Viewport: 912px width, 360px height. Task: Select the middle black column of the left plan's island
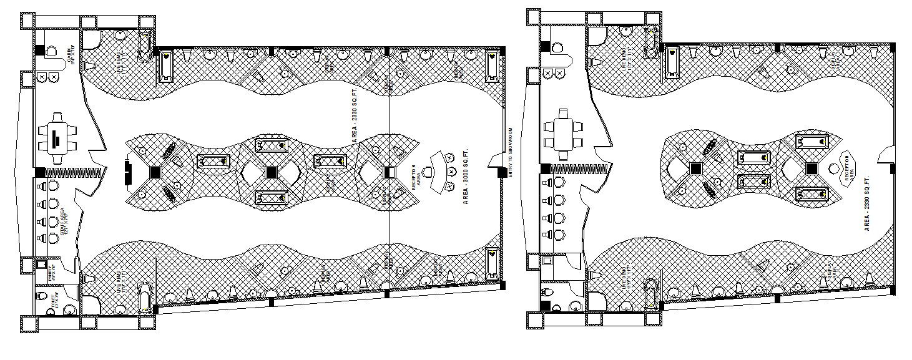click(272, 172)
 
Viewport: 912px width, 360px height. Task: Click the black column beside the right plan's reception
click(811, 168)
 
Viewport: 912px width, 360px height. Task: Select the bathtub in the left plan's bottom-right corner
click(492, 262)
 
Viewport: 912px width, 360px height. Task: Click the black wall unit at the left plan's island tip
click(127, 172)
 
